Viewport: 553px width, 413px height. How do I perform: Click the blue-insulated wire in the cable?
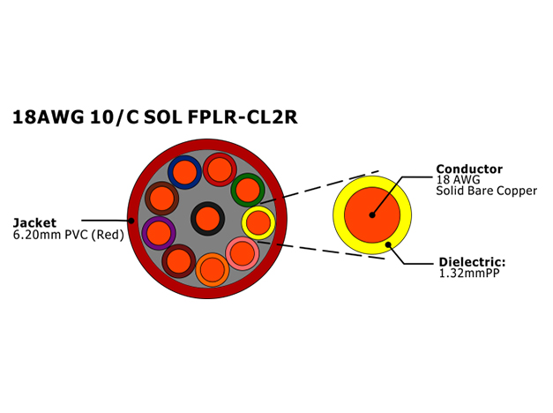pyautogui.click(x=184, y=172)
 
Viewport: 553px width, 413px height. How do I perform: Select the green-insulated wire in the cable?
pyautogui.click(x=248, y=190)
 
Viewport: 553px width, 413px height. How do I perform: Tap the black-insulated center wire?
pyautogui.click(x=208, y=219)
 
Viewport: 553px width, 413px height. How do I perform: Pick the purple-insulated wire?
pyautogui.click(x=159, y=233)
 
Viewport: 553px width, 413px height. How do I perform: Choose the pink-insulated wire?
pyautogui.click(x=243, y=253)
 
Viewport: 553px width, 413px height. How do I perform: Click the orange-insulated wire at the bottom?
pyautogui.click(x=213, y=270)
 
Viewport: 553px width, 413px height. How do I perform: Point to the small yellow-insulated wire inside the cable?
pyautogui.click(x=258, y=223)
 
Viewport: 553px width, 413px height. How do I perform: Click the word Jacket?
pyautogui.click(x=34, y=222)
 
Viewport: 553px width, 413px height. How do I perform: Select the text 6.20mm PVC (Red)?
pyautogui.click(x=69, y=235)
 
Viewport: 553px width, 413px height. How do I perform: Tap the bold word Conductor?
pyautogui.click(x=469, y=169)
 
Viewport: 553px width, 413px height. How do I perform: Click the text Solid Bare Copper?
pyautogui.click(x=486, y=191)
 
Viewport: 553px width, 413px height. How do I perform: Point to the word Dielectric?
pyautogui.click(x=472, y=262)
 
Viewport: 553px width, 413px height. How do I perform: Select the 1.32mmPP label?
pyautogui.click(x=469, y=273)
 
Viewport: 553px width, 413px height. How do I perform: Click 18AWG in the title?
pyautogui.click(x=49, y=116)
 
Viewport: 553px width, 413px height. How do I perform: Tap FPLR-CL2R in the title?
pyautogui.click(x=243, y=116)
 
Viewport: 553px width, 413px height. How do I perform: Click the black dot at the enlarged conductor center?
pyautogui.click(x=372, y=214)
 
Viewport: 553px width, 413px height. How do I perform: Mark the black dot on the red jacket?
pyautogui.click(x=131, y=221)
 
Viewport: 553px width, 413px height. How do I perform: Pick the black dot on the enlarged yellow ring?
pyautogui.click(x=388, y=244)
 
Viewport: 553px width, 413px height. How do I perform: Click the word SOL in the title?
pyautogui.click(x=162, y=116)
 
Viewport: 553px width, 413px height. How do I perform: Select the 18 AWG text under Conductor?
pyautogui.click(x=458, y=180)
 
